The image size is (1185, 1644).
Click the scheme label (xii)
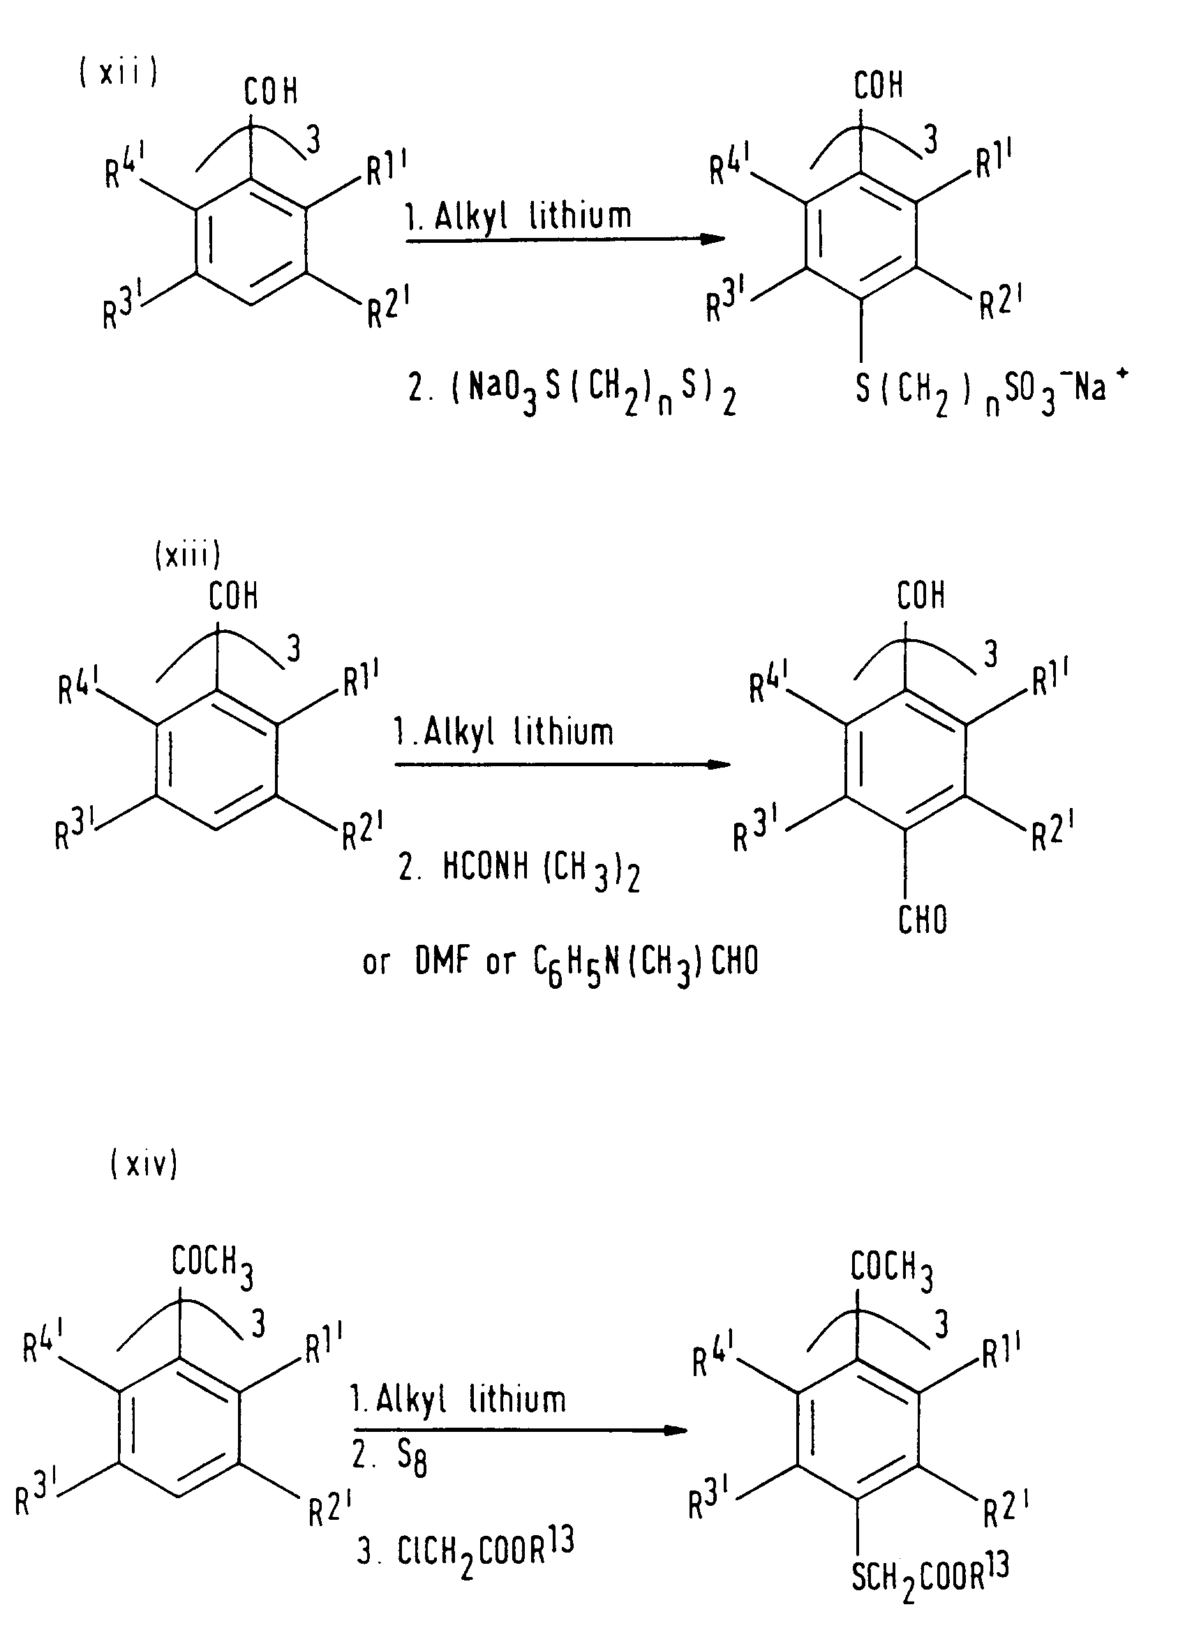[118, 74]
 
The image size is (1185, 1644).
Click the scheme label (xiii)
[187, 555]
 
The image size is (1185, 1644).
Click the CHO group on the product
[922, 920]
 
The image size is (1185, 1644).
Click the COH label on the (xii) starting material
[270, 91]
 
